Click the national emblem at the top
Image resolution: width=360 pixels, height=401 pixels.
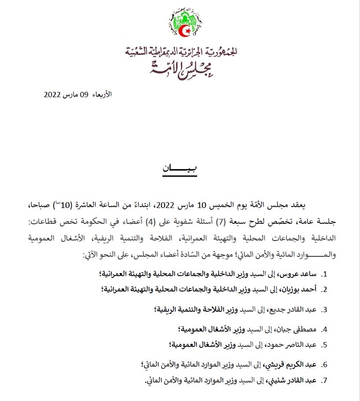click(184, 22)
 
